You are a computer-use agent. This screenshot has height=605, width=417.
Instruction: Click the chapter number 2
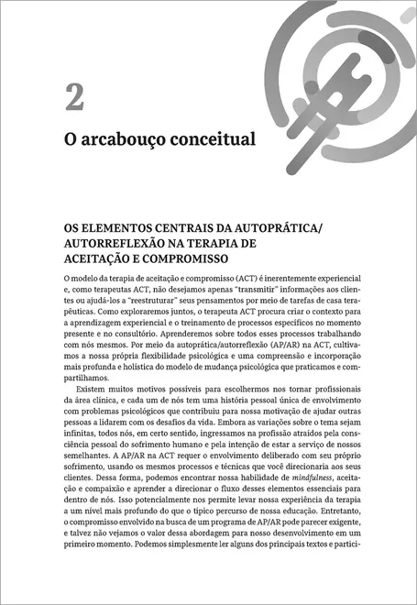tap(73, 96)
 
